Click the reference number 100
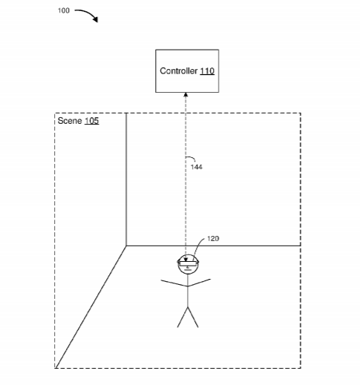click(64, 10)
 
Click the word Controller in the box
click(178, 71)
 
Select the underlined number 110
click(207, 71)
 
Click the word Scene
click(70, 121)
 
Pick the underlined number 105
click(92, 121)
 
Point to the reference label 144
click(197, 167)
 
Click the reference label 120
click(213, 239)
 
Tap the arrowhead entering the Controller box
click(186, 95)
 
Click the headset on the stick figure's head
click(188, 263)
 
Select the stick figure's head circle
click(188, 264)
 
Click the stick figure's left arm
click(174, 283)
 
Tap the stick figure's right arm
click(200, 283)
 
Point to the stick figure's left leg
click(183, 317)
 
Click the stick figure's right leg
click(193, 317)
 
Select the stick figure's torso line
click(188, 291)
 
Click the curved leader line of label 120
click(198, 246)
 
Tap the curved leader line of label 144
click(191, 157)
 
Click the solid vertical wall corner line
click(126, 180)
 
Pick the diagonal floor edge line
click(91, 307)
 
